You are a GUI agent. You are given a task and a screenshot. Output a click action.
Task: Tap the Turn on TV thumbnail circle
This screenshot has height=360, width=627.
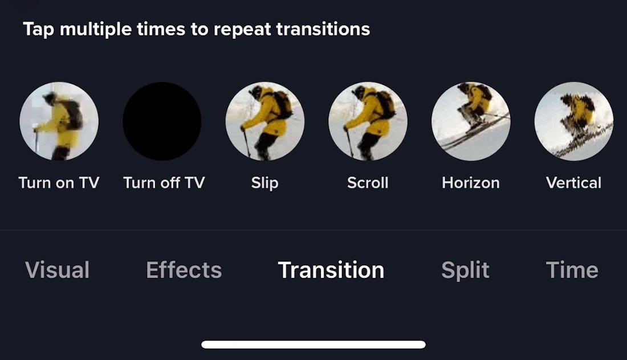(59, 121)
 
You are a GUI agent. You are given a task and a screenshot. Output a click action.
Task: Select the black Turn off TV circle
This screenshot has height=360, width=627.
(162, 121)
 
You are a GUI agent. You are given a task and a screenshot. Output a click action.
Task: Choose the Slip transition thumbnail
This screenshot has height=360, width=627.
(265, 121)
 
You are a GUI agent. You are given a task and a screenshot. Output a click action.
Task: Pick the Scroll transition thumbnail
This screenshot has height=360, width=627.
(368, 121)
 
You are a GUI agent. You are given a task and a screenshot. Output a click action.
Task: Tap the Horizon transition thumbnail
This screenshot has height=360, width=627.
(471, 121)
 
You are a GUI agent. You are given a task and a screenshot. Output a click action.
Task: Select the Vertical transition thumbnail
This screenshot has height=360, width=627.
(573, 121)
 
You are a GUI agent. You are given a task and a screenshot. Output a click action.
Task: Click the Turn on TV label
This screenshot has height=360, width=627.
(59, 183)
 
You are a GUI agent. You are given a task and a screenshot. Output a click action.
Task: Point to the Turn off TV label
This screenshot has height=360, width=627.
(164, 183)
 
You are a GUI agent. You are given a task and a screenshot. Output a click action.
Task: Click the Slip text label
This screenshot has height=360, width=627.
(264, 183)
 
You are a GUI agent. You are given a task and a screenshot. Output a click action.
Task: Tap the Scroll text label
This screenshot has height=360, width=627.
(368, 183)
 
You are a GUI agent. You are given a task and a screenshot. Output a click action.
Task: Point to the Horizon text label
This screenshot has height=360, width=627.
(471, 183)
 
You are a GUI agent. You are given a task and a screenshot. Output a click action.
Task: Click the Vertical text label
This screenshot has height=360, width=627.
(573, 183)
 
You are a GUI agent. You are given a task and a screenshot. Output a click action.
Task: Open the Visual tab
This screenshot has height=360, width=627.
(57, 270)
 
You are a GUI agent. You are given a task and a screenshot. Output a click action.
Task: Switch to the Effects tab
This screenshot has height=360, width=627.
(184, 270)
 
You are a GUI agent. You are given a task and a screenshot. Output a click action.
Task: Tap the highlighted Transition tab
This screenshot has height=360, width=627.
(331, 270)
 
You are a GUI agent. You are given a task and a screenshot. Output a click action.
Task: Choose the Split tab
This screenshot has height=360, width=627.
(465, 270)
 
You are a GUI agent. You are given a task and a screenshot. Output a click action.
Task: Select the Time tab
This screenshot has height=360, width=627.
(572, 270)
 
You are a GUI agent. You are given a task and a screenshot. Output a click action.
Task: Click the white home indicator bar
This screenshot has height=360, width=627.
(313, 345)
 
